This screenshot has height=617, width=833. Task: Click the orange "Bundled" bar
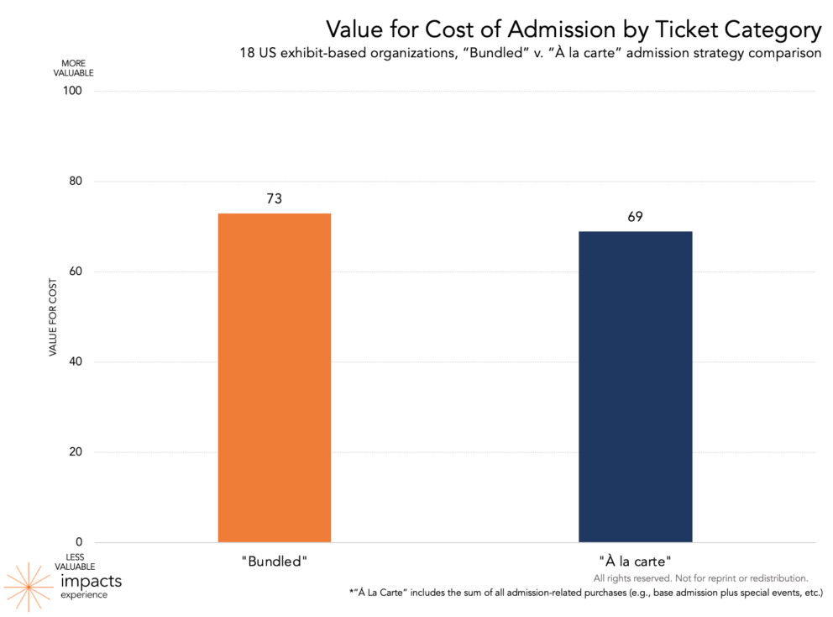pyautogui.click(x=274, y=378)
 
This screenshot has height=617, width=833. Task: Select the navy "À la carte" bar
pyautogui.click(x=635, y=387)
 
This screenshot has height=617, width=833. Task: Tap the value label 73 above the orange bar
pyautogui.click(x=274, y=199)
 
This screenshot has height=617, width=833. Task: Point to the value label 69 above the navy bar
pyautogui.click(x=635, y=217)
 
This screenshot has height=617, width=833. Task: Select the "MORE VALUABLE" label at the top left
pyautogui.click(x=73, y=68)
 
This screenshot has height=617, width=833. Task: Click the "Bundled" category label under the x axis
pyautogui.click(x=274, y=560)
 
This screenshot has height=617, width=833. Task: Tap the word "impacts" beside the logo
pyautogui.click(x=91, y=581)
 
